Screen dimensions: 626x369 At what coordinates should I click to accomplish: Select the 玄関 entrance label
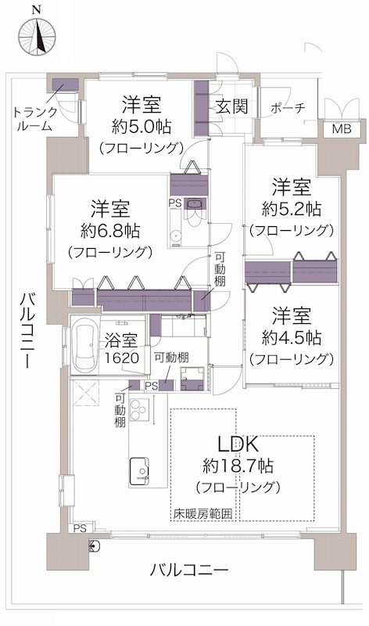click(232, 106)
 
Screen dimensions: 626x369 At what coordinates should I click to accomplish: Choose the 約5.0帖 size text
click(141, 125)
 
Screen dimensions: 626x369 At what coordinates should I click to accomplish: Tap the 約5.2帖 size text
click(291, 209)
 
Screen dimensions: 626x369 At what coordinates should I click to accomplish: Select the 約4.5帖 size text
click(291, 337)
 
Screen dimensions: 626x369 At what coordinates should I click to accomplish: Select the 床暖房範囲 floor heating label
click(203, 514)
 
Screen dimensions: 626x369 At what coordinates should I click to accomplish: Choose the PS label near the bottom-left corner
click(80, 528)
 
